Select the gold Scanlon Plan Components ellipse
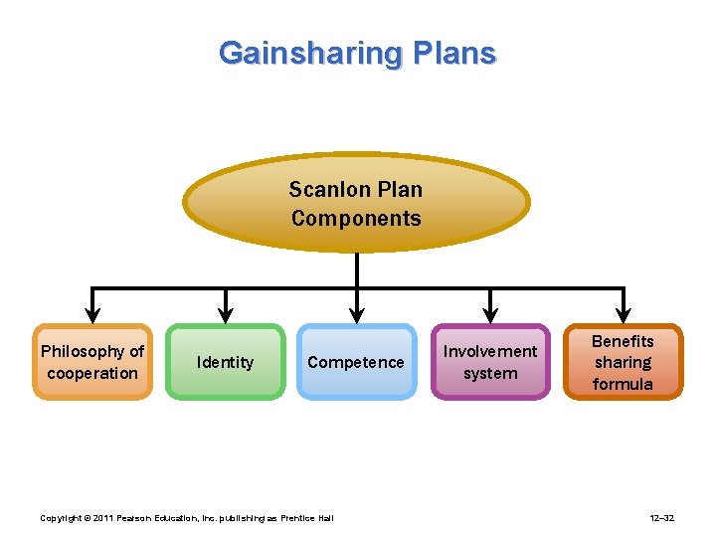[356, 203]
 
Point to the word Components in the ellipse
[356, 218]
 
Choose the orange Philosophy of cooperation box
[92, 362]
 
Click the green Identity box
[225, 362]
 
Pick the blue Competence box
[356, 362]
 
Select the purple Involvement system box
[490, 362]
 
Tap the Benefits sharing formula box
[623, 362]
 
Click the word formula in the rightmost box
[623, 384]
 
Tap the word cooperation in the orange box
[92, 373]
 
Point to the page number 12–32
[661, 518]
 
